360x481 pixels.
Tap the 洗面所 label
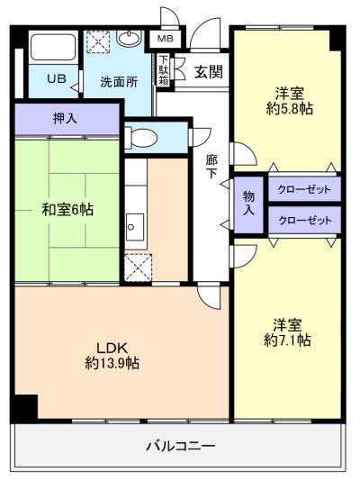click(119, 81)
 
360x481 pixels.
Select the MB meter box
click(166, 39)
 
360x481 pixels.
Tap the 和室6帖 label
click(67, 210)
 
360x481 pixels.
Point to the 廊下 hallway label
click(211, 166)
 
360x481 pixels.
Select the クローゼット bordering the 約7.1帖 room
click(304, 220)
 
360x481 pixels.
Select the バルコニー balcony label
click(180, 446)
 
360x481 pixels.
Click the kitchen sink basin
click(135, 224)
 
